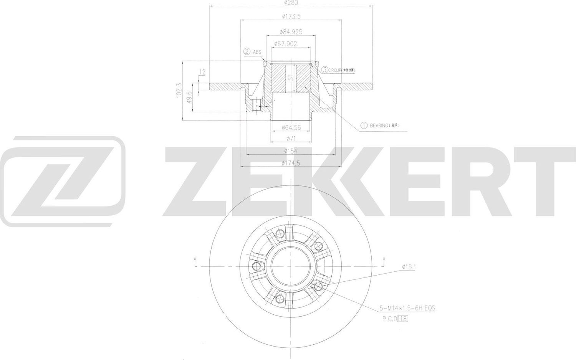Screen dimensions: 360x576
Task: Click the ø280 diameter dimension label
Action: click(x=291, y=3)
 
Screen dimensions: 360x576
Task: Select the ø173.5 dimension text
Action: click(x=291, y=17)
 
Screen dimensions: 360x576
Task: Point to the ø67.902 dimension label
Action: click(x=286, y=44)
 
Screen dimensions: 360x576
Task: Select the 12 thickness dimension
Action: click(x=202, y=72)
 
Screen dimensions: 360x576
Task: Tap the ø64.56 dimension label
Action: click(x=291, y=127)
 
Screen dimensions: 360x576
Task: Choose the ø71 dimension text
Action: click(x=291, y=138)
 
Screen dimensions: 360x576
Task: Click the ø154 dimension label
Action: click(x=291, y=151)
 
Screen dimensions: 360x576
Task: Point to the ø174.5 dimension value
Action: click(x=291, y=163)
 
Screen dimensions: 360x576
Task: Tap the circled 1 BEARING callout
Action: click(x=382, y=126)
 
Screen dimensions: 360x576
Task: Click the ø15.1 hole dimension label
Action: click(x=409, y=267)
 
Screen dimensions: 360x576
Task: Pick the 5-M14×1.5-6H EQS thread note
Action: click(x=407, y=308)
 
